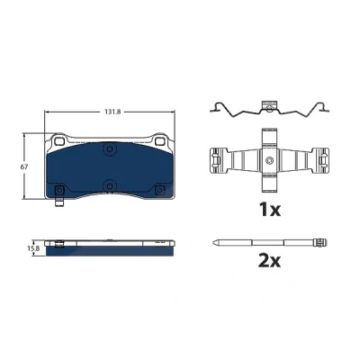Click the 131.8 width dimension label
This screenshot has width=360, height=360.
tap(112, 112)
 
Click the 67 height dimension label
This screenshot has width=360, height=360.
tap(24, 167)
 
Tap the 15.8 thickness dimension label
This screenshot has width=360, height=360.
tap(33, 248)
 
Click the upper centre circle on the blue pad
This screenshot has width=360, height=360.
tap(110, 148)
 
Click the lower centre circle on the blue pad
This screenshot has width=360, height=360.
tap(110, 185)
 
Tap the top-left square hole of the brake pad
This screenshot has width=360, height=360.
tap(60, 140)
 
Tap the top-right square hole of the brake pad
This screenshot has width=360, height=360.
tap(159, 140)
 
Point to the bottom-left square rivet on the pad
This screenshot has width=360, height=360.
tap(59, 190)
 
